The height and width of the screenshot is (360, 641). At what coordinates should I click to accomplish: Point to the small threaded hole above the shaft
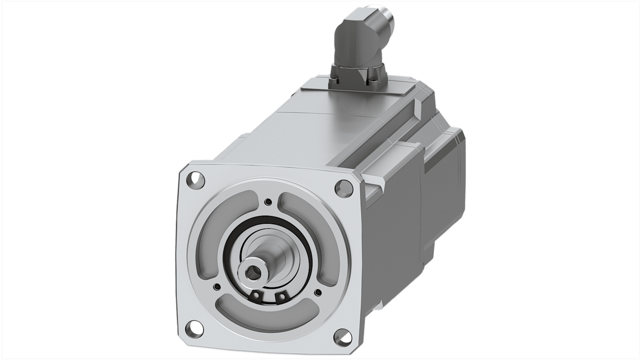click(269, 201)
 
